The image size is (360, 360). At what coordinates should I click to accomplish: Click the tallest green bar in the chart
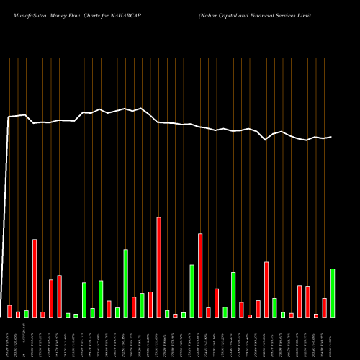(x=125, y=283)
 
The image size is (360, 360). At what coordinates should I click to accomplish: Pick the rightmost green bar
(x=332, y=292)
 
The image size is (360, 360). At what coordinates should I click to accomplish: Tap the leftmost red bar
(x=9, y=311)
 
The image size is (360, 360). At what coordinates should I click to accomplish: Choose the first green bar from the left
(x=26, y=313)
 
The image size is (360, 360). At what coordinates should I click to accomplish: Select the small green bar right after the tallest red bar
(x=167, y=313)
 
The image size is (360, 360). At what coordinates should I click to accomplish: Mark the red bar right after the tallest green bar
(x=134, y=307)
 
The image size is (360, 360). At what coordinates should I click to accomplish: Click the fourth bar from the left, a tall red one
(x=35, y=278)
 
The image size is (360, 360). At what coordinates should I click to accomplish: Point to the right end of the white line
(x=331, y=137)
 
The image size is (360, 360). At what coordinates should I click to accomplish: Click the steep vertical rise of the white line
(x=6, y=216)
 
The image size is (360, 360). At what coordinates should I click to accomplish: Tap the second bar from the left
(x=18, y=314)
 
